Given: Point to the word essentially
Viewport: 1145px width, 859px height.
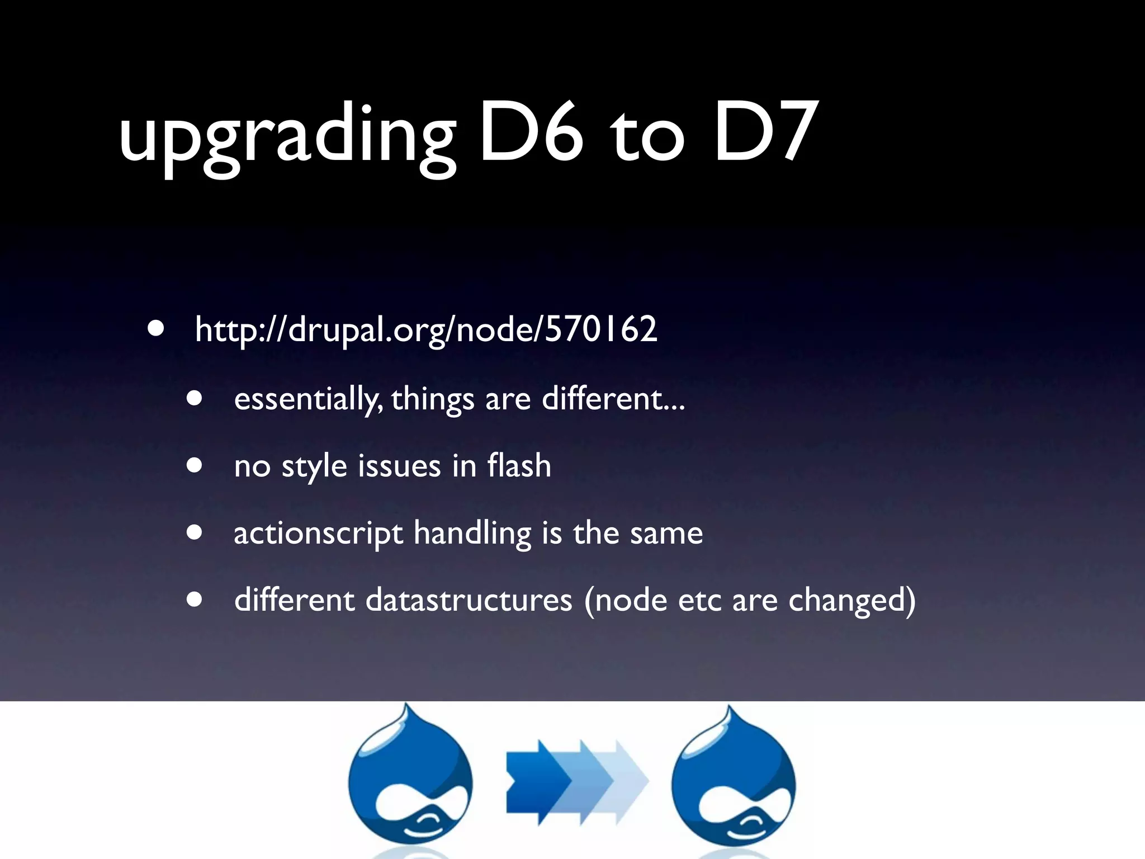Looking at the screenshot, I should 307,399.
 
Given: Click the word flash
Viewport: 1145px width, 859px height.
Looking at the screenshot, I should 519,465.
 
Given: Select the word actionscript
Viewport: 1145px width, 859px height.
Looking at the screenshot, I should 318,533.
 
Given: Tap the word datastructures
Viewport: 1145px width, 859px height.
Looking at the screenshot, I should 469,600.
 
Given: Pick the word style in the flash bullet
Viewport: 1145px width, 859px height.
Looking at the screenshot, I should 314,466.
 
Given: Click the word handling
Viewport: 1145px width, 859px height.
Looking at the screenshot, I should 472,533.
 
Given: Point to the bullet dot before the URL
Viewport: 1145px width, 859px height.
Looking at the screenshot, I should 157,329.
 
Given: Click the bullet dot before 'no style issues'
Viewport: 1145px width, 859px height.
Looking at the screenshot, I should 195,466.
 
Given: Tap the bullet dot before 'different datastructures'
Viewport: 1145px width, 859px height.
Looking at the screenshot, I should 195,600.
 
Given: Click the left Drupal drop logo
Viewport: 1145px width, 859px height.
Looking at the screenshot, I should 410,780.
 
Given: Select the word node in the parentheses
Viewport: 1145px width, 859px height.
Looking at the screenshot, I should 630,600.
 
